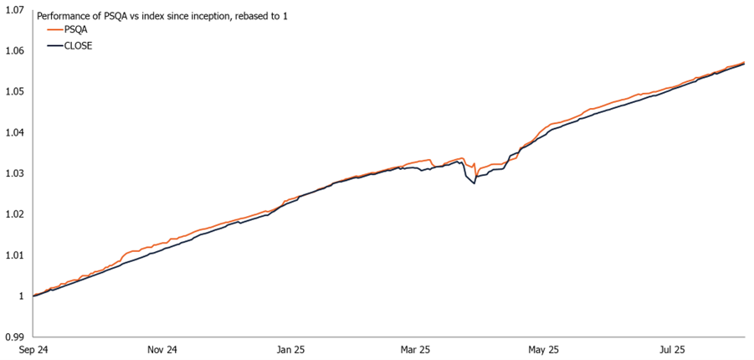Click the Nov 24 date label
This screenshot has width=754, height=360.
point(162,349)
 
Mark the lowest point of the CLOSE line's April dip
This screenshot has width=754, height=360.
point(474,183)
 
